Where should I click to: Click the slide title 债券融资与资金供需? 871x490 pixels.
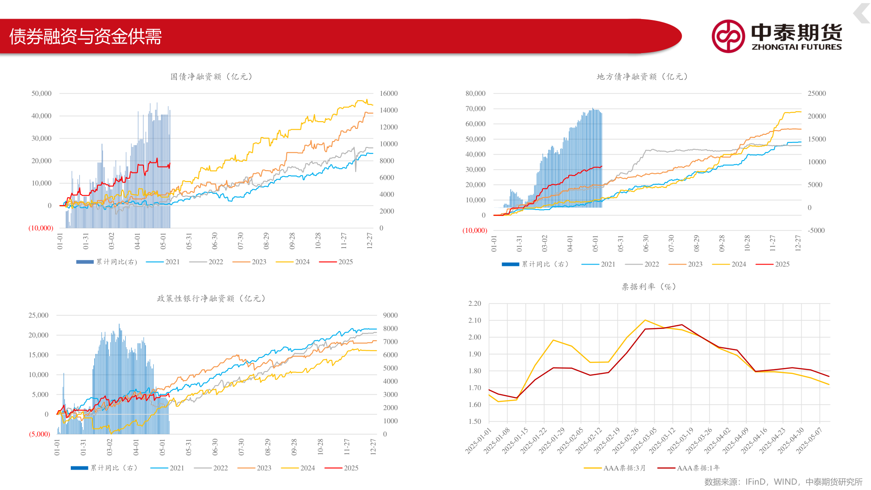[x=86, y=36]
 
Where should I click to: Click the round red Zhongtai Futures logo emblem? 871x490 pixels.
[x=728, y=36]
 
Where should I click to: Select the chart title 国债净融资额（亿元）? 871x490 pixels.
[x=211, y=77]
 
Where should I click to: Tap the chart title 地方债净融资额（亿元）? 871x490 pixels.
[x=642, y=77]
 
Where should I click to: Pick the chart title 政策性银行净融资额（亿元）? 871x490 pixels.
[x=211, y=299]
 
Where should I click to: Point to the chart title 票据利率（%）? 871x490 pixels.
[x=649, y=287]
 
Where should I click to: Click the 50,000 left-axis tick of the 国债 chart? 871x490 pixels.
[x=41, y=93]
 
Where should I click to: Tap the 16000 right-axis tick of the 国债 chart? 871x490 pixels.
[x=389, y=93]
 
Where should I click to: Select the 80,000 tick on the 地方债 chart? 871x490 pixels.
[x=475, y=93]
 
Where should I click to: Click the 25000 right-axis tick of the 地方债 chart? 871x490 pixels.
[x=817, y=93]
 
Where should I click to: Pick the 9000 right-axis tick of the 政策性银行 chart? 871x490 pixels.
[x=390, y=315]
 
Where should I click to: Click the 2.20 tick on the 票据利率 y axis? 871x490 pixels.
[x=475, y=304]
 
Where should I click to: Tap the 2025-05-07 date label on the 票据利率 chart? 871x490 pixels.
[x=809, y=440]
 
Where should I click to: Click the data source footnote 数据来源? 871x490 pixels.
[x=783, y=482]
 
